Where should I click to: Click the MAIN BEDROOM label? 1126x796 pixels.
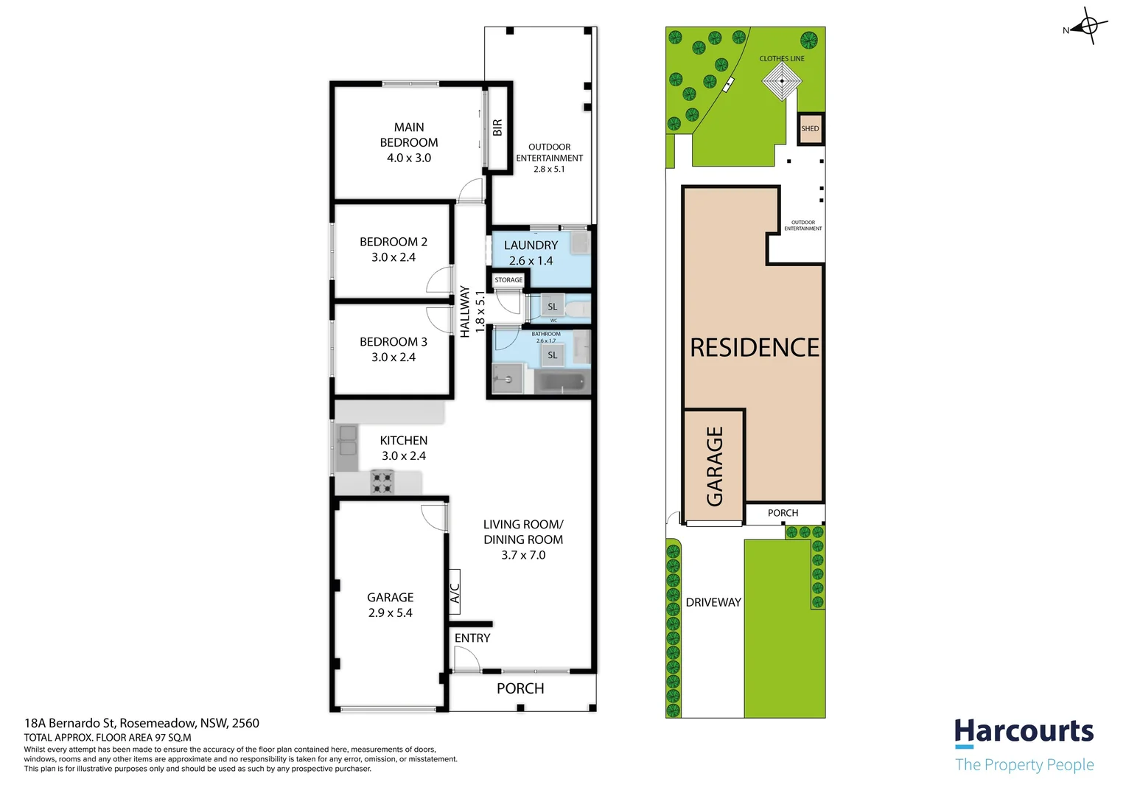(x=409, y=135)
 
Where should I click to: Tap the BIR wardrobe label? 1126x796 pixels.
(x=497, y=128)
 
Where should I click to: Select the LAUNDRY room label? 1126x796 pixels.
(x=531, y=245)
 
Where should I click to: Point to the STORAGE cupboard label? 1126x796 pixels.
(x=508, y=280)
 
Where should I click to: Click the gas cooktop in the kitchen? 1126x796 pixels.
(x=382, y=482)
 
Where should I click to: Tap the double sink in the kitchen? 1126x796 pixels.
(x=347, y=441)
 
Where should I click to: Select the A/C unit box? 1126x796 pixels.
(x=455, y=592)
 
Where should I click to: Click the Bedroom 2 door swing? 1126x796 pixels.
(x=440, y=279)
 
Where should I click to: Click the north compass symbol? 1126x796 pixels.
(x=1087, y=26)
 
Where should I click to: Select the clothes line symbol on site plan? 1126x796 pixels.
(x=782, y=80)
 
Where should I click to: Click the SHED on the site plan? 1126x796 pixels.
(x=811, y=129)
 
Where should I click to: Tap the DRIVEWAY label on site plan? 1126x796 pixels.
(x=713, y=602)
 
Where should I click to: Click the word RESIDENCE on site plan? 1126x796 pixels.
(x=755, y=348)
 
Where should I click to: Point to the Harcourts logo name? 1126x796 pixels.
(x=1024, y=731)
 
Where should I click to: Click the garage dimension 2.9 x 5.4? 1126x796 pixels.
(x=390, y=613)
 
